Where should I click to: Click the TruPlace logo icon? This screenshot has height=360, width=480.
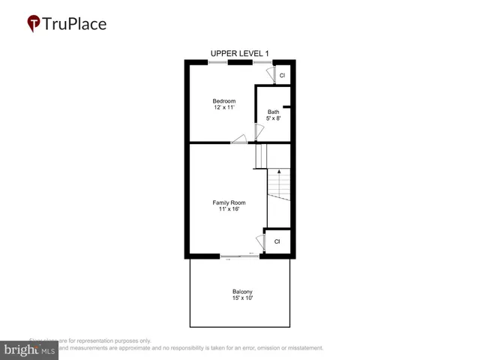pos(34,24)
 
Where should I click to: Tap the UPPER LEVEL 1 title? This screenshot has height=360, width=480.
pos(239,53)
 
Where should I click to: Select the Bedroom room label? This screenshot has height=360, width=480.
pos(223,101)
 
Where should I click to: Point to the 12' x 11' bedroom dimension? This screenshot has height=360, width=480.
pos(223,108)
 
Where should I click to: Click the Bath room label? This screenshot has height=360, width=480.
pos(273,112)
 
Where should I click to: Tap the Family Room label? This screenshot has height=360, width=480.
pos(229,202)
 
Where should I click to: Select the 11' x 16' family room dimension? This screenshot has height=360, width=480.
pos(229,209)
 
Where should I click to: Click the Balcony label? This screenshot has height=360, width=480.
pos(241,292)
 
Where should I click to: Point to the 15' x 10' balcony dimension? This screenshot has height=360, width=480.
pos(241,298)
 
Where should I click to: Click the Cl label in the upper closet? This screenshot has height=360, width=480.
pos(282,76)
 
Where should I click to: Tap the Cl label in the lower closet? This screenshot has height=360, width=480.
pos(277,241)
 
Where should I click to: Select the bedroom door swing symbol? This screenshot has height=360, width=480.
pos(239,138)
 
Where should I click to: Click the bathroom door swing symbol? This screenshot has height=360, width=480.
pos(259,131)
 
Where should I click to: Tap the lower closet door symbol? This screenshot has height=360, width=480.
pos(261,242)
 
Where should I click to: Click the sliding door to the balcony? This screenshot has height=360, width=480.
pos(240,256)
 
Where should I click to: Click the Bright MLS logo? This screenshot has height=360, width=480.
pos(30,350)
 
